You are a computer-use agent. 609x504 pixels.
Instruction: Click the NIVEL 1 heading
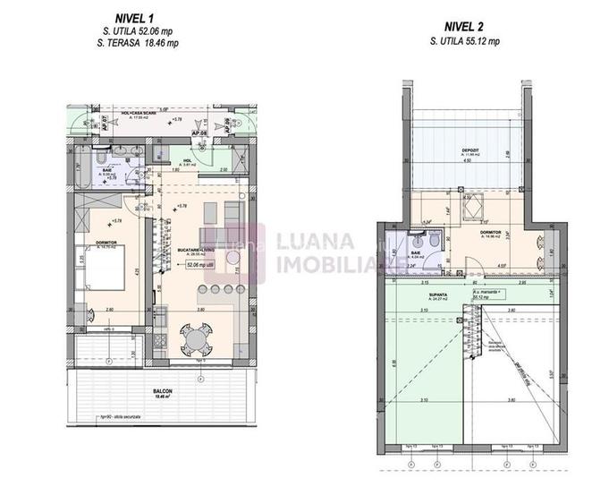(x=135, y=18)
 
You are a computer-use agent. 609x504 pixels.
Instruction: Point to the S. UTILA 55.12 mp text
(x=464, y=41)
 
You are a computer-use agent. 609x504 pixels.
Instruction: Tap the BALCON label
(x=162, y=392)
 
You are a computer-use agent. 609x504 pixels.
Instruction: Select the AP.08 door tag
(x=204, y=135)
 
